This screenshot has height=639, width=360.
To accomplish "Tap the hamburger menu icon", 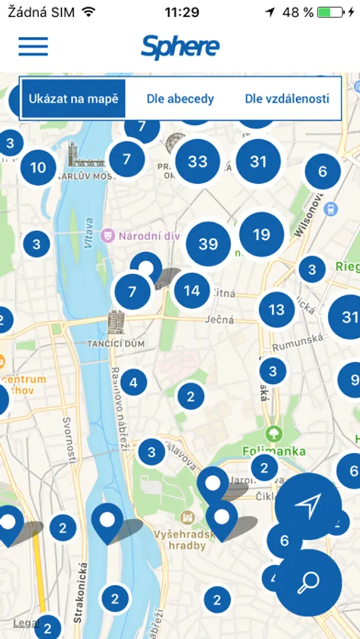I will click(x=33, y=46).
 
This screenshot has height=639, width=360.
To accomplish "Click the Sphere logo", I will click(x=180, y=47).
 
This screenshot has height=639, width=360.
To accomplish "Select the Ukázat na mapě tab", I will click(x=73, y=99).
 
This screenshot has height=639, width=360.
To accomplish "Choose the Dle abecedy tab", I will click(x=180, y=99).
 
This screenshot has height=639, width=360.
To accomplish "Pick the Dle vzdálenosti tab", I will click(x=287, y=99).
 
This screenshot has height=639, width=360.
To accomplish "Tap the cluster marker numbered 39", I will click(x=208, y=244).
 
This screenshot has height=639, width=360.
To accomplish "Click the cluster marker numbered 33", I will click(x=197, y=161).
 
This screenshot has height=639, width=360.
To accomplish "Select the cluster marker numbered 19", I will click(x=261, y=234).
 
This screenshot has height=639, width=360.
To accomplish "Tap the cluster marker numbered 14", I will click(x=192, y=290).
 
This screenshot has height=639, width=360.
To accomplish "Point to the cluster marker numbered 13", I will click(x=276, y=310).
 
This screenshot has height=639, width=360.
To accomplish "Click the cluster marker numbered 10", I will click(x=38, y=168).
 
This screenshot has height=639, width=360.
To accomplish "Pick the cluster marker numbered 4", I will click(x=133, y=383).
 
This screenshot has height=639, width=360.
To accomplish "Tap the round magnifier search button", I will click(x=309, y=582).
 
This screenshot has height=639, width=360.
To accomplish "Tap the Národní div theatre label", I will click(x=146, y=235).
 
